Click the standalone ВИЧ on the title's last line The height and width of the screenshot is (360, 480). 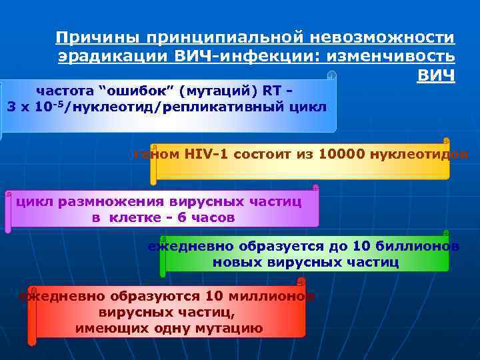pos(436,75)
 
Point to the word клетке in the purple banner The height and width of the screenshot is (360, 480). pos(132,217)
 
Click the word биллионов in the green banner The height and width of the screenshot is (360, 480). pos(420,246)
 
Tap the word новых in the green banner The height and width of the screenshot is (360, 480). pos(235,262)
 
